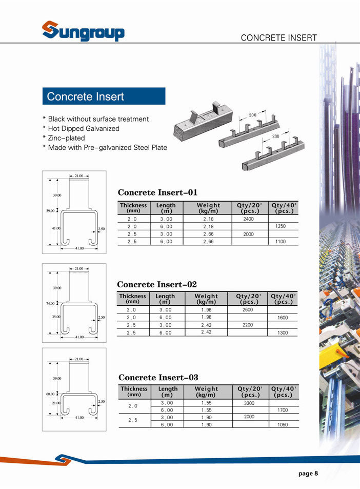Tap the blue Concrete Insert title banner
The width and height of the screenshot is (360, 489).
(x=104, y=96)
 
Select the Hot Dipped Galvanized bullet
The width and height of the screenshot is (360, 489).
(x=84, y=128)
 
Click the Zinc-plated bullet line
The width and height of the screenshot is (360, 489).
(x=66, y=138)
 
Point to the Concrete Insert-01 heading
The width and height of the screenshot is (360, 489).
(x=157, y=192)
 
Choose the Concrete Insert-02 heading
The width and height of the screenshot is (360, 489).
(x=157, y=284)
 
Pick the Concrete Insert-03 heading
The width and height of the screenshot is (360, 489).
(x=158, y=377)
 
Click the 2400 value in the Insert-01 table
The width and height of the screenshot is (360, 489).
(x=249, y=219)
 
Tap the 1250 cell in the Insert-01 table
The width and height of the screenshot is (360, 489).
(x=281, y=226)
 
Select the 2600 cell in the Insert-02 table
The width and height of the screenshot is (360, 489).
(x=248, y=310)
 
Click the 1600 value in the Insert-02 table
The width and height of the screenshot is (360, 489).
(x=283, y=318)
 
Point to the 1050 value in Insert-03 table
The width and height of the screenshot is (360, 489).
(x=283, y=425)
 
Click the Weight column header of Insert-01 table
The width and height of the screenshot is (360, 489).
(x=208, y=208)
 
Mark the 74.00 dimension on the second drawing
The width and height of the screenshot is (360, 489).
(x=50, y=304)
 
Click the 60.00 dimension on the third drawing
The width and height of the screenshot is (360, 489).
(x=50, y=394)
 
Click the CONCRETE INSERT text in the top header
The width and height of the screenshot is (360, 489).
(x=278, y=37)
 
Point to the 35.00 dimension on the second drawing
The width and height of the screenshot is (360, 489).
(x=56, y=317)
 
